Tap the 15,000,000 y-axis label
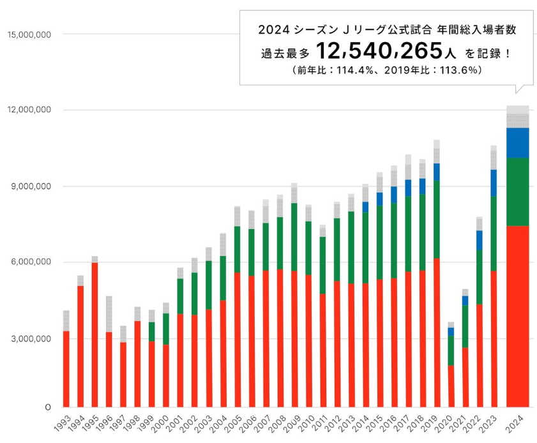coord(27,34)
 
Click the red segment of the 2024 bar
coord(517,316)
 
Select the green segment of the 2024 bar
coord(517,191)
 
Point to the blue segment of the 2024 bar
coord(517,142)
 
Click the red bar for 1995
coord(95,334)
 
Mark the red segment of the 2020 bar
coord(451,386)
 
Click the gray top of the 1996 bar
coord(109,313)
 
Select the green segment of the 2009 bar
coord(294,237)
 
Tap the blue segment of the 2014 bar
coord(365,206)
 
